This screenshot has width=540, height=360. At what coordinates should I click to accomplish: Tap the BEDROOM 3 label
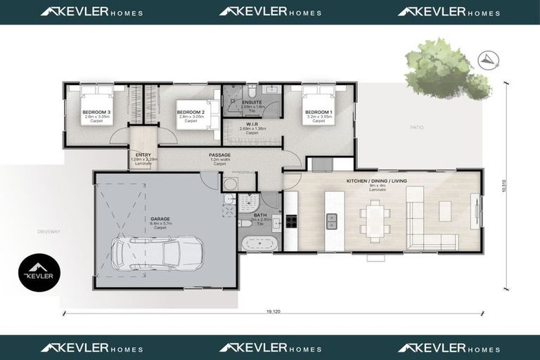(x=96, y=112)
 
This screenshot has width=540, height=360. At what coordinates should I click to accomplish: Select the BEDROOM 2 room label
(x=191, y=112)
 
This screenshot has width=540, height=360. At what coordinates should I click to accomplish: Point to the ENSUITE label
(x=252, y=102)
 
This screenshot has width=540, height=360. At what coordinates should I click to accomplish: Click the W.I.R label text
(x=252, y=124)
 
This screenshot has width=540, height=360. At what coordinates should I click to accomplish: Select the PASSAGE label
(x=220, y=155)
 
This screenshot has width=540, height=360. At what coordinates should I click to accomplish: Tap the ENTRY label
(x=143, y=155)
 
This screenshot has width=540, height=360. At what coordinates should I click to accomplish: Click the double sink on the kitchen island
(x=332, y=221)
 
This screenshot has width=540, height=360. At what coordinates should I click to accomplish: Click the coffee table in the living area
(x=444, y=210)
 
